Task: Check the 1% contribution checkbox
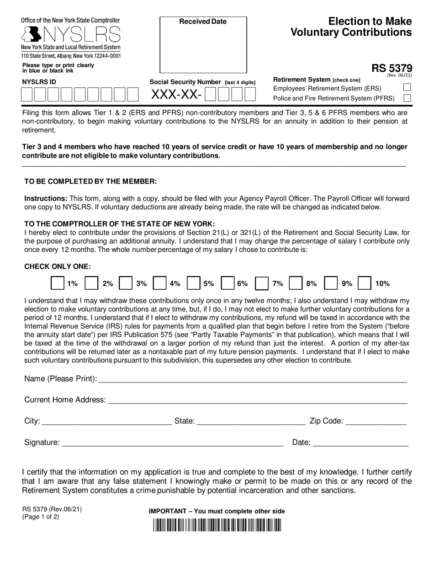pos(57,283)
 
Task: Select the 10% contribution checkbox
pos(365,283)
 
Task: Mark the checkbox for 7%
pos(262,283)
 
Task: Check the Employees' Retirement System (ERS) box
pos(407,88)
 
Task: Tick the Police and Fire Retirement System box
pos(407,98)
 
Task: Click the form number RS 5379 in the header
pos(392,69)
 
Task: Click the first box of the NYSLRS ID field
pos(27,94)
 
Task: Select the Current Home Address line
pos(257,400)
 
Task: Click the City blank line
pos(106,421)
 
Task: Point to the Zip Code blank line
pos(376,421)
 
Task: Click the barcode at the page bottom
pos(217,525)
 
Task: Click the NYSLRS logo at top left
pos(71,34)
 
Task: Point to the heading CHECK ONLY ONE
pos(57,266)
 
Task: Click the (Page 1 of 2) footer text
pos(41,518)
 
